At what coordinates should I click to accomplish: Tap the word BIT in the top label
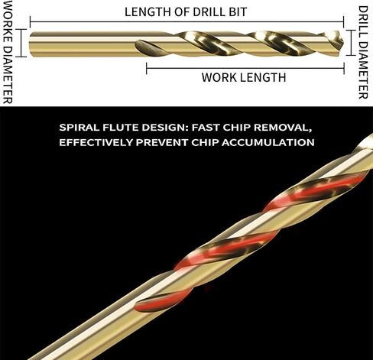tap(238, 11)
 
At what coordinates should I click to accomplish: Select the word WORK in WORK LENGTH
tap(216, 77)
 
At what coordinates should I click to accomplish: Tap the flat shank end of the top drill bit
tap(30, 44)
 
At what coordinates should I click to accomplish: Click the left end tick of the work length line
tap(147, 68)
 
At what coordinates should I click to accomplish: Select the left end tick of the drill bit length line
tap(31, 22)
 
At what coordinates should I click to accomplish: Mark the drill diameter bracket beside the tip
tap(351, 43)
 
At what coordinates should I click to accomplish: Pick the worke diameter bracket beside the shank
tap(22, 43)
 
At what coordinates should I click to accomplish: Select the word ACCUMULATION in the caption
tap(268, 142)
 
